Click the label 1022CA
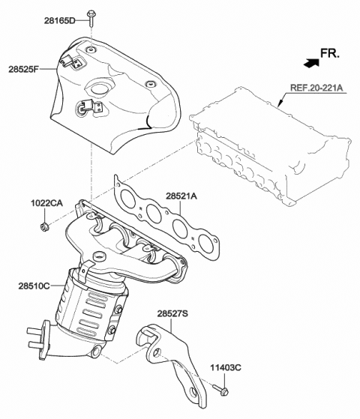(x=46, y=203)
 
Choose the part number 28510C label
(x=34, y=286)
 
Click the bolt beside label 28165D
(x=90, y=15)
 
